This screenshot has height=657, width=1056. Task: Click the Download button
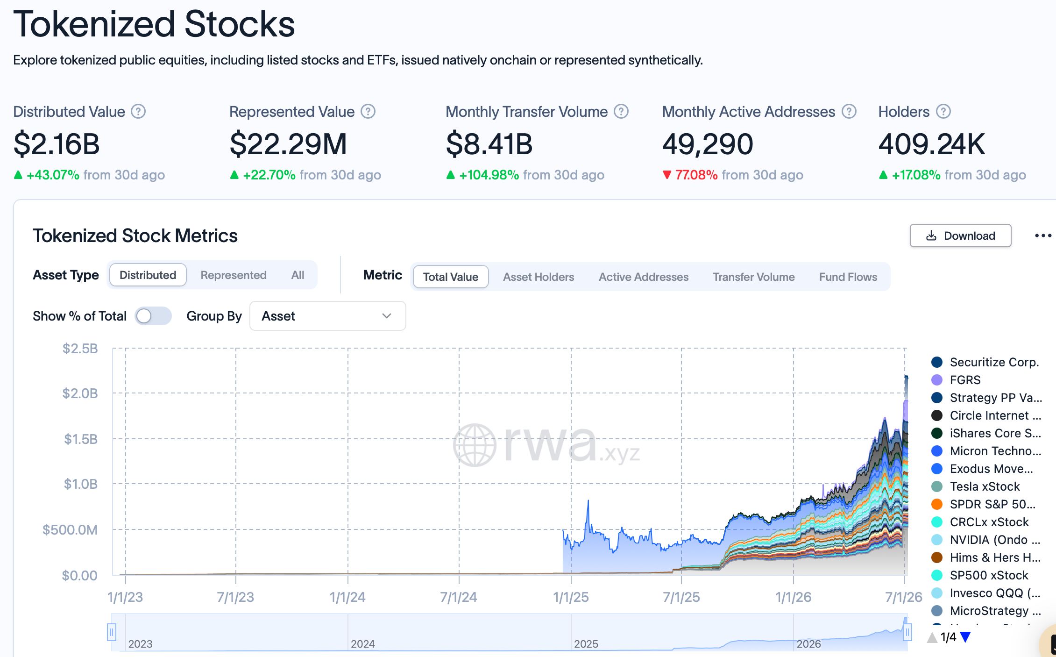coord(960,236)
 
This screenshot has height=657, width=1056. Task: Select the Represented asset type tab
coord(234,275)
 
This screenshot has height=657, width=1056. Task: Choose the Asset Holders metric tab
coord(539,277)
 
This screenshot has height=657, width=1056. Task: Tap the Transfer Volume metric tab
coord(753,277)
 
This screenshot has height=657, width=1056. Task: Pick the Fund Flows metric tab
coord(848,277)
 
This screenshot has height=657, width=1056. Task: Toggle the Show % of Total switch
coord(153,316)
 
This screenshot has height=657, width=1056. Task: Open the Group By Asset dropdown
coord(327,316)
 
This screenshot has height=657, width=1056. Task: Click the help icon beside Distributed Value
coord(138,112)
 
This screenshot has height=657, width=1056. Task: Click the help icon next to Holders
coord(943,112)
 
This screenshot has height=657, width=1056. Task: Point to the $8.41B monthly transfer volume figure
coord(489,144)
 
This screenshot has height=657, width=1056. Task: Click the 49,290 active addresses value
coord(708,144)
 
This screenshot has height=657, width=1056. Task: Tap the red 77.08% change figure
coord(696,175)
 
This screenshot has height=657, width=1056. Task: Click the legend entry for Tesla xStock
coord(985,486)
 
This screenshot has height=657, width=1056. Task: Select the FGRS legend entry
coord(965,380)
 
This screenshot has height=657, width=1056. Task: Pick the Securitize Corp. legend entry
coord(994,362)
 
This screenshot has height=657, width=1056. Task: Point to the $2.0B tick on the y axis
coord(80,393)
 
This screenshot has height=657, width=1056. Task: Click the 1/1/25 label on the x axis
coord(571,597)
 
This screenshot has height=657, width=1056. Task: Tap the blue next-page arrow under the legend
coord(965,637)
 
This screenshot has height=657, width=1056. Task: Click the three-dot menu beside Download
coord(1043,236)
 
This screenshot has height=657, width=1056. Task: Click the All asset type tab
coord(298,275)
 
